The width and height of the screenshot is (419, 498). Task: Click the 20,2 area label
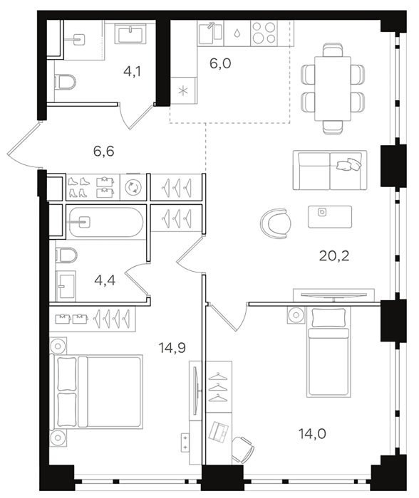pos(334,255)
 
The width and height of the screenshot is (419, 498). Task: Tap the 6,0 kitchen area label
pos(220,63)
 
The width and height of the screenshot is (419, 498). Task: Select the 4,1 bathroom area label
pos(132,72)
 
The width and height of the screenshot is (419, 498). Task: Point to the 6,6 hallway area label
pos(104,152)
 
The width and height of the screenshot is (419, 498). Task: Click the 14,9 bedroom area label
pos(172,349)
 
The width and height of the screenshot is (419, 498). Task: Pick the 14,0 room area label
pos(312,433)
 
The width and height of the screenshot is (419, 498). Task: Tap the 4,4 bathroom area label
pos(105,280)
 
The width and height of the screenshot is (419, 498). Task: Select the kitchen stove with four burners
pos(264,33)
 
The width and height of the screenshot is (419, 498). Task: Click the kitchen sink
pos(210,33)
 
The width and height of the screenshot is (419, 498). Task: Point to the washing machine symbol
pos(133,187)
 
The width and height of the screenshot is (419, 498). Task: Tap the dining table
pos(333,89)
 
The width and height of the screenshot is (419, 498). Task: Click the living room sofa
pos(330,170)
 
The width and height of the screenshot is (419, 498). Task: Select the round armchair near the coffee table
pos(276,223)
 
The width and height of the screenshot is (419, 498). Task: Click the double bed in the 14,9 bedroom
pos(95,391)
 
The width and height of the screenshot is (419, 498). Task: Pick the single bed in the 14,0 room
pos(327,352)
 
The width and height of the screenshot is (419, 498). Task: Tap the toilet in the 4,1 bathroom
pos(66,82)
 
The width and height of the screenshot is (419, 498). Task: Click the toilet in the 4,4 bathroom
pos(66,255)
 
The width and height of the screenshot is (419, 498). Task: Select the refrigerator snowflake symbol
pos(183,91)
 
